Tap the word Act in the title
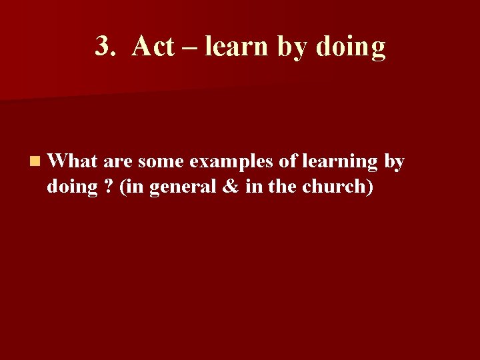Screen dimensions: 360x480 point(153,47)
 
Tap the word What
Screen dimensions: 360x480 point(73,161)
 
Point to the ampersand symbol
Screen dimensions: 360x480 point(229,187)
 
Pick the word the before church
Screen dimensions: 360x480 point(282,187)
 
